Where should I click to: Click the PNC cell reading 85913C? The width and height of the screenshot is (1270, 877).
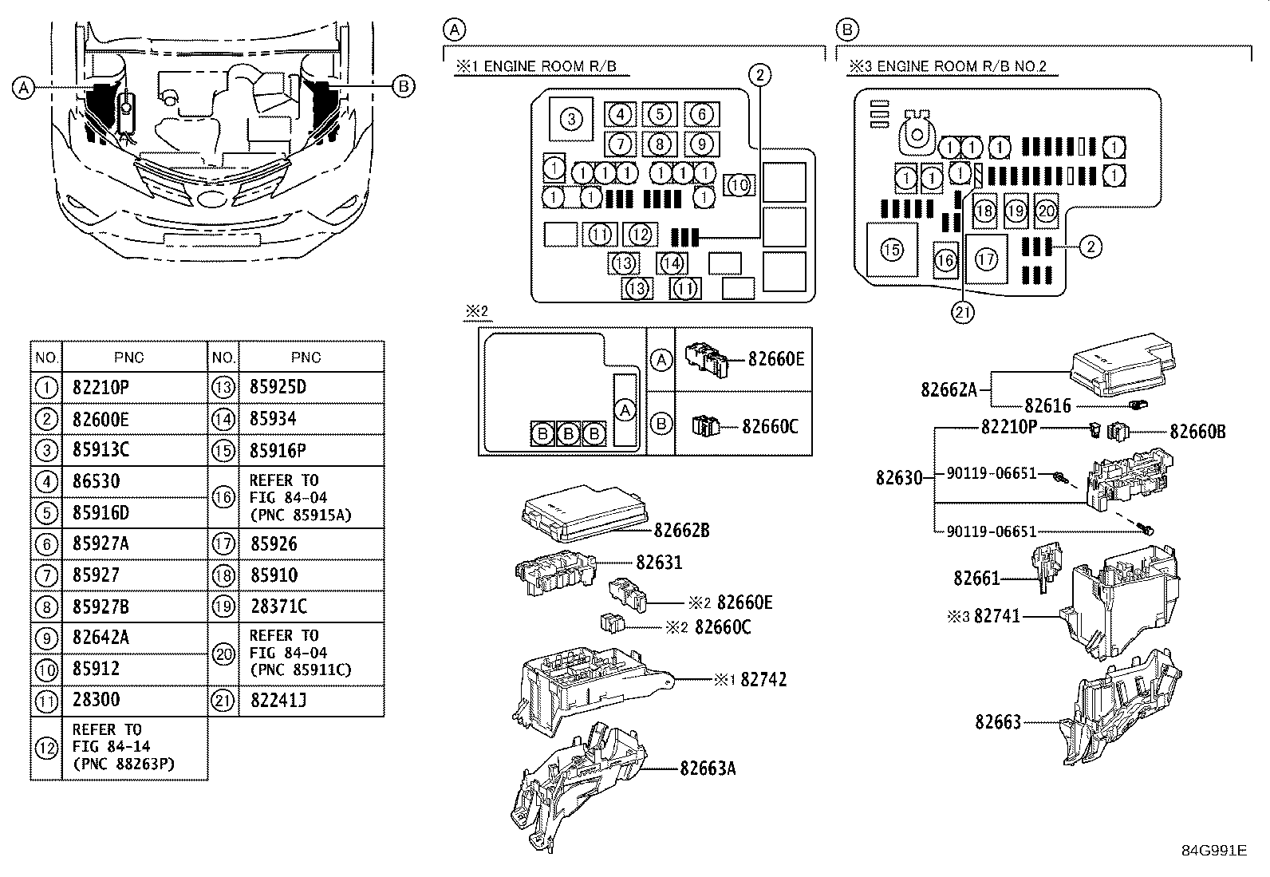pos(101,450)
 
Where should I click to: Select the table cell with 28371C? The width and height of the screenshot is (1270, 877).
pos(278,606)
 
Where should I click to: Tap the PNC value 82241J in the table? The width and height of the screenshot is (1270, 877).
pos(278,700)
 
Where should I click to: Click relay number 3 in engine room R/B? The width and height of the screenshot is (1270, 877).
pos(570,120)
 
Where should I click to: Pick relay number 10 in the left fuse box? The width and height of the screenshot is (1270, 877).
pos(740,185)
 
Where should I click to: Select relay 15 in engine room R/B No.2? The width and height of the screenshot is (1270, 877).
pos(891,250)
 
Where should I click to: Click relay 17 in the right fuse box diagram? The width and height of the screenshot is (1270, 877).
pos(986,259)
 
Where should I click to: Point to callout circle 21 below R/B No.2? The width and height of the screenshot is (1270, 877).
pos(963,311)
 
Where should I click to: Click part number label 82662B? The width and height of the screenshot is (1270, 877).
pos(681,529)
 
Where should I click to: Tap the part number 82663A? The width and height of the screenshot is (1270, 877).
pos(708,768)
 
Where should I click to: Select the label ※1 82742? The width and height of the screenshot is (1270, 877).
pos(750,679)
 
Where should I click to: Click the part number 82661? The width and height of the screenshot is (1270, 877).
pos(976,577)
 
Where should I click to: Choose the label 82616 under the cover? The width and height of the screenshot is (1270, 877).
pos(1047,406)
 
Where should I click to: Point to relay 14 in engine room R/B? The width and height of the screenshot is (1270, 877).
pos(672,263)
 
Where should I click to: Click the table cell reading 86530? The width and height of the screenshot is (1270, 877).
pos(96,481)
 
